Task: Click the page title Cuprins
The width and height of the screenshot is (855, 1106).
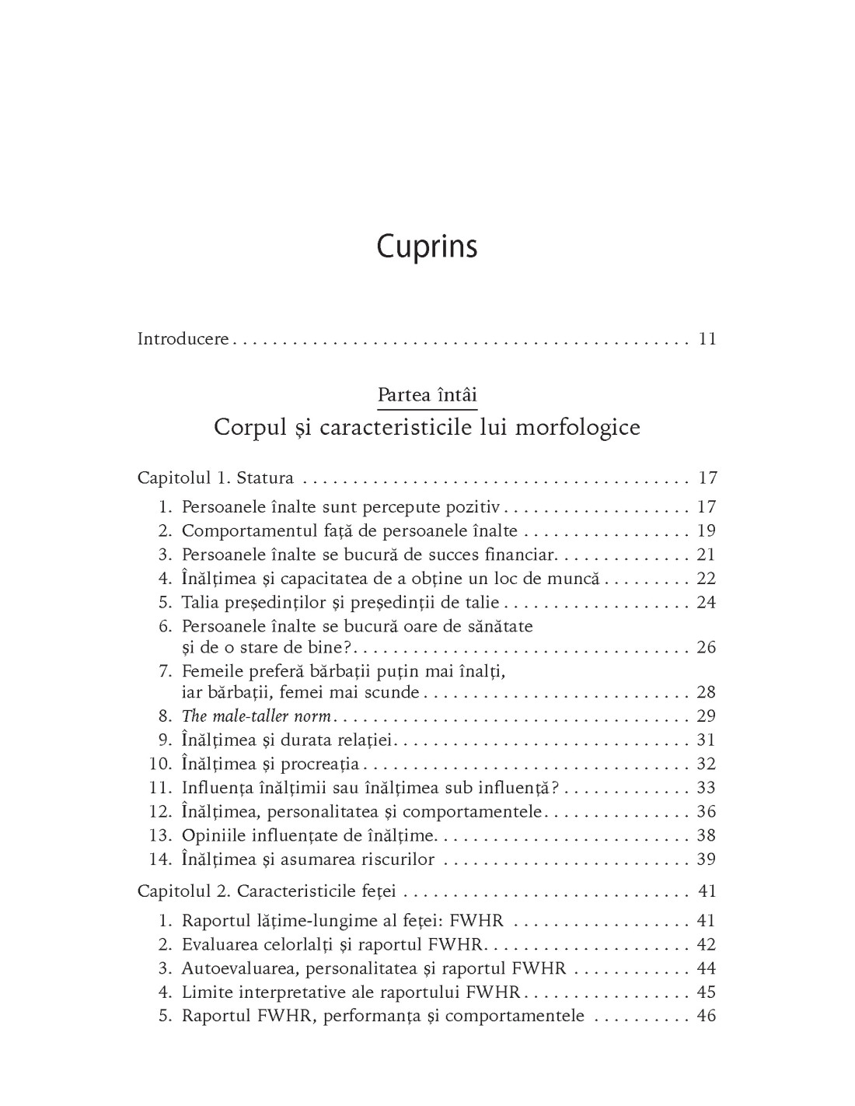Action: point(427,247)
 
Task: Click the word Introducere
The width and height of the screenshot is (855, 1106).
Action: point(183,339)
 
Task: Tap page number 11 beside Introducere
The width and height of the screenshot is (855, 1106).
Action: point(707,339)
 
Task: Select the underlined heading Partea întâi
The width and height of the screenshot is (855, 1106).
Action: point(427,395)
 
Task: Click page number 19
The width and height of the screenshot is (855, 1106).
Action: point(706,531)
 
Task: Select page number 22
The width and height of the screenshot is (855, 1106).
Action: point(706,579)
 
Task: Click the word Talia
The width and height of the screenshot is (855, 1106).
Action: point(201,603)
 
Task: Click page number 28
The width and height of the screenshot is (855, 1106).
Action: point(706,692)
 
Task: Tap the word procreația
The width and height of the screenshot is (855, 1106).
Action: point(325,764)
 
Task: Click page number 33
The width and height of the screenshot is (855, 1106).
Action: point(706,788)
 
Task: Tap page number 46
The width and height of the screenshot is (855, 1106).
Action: point(706,1017)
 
